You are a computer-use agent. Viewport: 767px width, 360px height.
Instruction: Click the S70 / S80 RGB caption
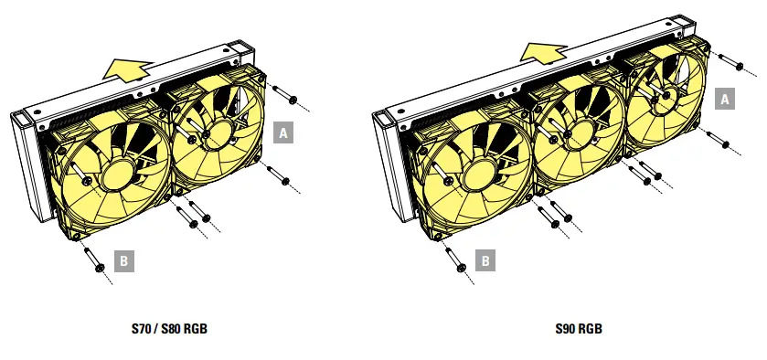pos(169,329)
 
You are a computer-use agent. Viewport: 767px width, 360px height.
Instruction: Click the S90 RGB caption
pos(578,329)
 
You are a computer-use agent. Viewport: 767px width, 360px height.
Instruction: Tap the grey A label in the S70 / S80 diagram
pos(283,132)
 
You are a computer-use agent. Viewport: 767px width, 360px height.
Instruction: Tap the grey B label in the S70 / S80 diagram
pos(123,261)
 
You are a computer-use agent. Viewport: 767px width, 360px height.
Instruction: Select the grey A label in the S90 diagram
pos(724,100)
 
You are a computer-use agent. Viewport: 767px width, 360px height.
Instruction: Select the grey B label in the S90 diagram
pos(485,260)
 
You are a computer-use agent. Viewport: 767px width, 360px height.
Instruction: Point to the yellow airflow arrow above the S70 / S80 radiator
pos(127,69)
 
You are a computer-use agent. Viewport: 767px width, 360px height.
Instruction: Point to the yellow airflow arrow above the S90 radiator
pos(543,52)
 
